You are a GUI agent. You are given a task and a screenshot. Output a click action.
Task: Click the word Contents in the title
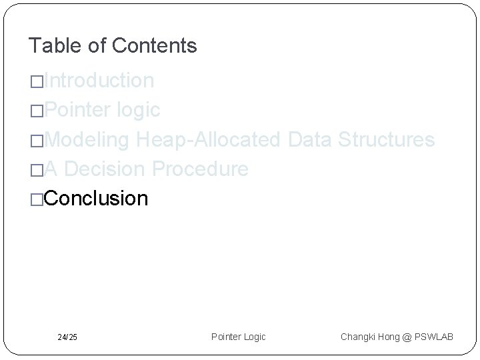coord(155,45)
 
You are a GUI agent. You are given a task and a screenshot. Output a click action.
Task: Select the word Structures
coord(387,139)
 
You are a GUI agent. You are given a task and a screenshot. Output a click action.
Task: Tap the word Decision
coord(107,169)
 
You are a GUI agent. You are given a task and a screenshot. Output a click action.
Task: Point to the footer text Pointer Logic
coord(238,337)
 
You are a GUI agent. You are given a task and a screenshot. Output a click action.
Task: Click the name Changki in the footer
coord(359,337)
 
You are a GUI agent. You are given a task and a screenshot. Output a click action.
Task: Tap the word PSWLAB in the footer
coord(433,337)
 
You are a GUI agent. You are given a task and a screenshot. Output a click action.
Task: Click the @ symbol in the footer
coord(406,337)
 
